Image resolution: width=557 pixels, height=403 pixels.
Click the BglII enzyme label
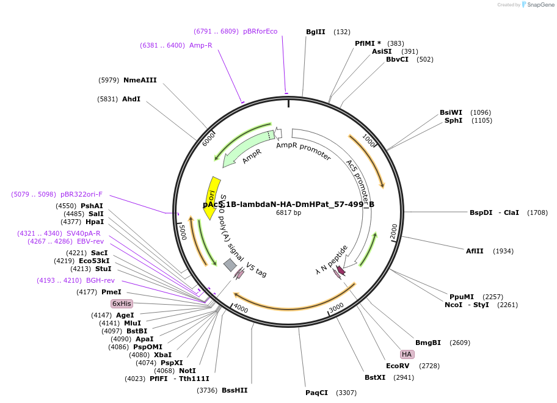(316, 32)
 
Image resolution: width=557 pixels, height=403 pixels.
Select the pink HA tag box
(407, 354)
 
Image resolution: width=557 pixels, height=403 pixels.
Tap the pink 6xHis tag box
(121, 303)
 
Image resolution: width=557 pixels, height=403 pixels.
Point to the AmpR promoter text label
(304, 151)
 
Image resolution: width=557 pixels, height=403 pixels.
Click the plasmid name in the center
(288, 204)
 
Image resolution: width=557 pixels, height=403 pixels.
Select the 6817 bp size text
(288, 213)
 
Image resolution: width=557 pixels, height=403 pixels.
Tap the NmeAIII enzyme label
(140, 80)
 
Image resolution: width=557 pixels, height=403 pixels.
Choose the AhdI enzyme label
(131, 99)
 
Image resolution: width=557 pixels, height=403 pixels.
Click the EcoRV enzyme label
(397, 366)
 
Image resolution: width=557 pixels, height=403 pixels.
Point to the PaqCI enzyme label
(317, 393)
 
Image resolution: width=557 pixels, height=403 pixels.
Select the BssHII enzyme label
(235, 390)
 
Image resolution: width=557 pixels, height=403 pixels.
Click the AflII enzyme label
(475, 251)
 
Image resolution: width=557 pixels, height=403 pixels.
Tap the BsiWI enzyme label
(451, 112)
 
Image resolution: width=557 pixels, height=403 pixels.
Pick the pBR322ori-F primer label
(81, 194)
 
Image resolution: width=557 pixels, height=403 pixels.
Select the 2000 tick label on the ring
(393, 231)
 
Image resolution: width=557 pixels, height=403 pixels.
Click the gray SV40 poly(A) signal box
(230, 264)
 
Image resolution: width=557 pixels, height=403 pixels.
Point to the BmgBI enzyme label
(428, 343)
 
